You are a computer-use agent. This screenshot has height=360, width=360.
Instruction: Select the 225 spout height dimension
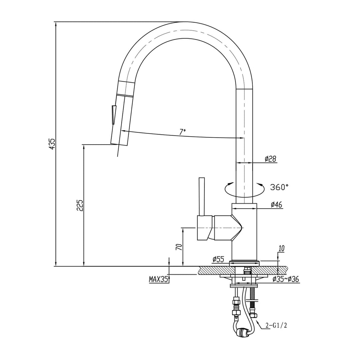80,206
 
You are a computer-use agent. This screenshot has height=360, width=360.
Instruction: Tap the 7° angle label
182,132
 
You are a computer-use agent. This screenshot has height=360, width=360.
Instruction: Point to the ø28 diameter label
270,159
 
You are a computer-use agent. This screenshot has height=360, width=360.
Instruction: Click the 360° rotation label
279,187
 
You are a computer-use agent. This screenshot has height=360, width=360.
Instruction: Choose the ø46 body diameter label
276,205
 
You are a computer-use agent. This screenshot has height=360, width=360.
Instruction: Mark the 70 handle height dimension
179,247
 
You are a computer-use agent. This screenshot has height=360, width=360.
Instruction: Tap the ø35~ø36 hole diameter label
286,279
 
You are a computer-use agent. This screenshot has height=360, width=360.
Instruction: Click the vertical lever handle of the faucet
201,197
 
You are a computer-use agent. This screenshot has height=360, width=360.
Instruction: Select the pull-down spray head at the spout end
122,117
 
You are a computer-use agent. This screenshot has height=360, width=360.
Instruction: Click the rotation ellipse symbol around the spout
244,189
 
